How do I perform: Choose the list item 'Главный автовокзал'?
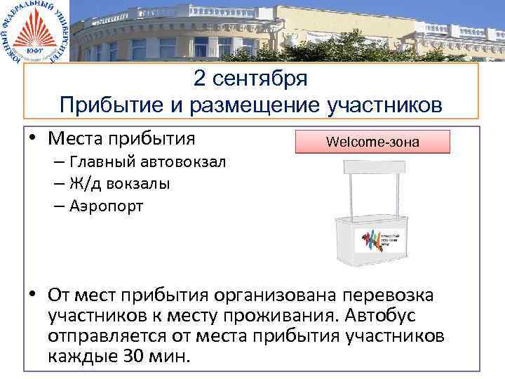tap(147, 162)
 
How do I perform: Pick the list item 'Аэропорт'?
tap(107, 206)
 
